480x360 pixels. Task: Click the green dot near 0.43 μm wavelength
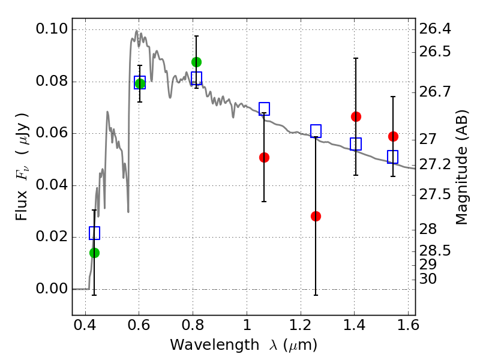coord(95,253)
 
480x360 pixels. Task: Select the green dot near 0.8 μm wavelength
coord(197,62)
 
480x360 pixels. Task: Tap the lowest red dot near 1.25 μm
coord(316,217)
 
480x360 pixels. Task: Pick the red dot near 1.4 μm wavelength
coord(356,116)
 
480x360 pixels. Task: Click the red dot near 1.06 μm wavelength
coord(264,158)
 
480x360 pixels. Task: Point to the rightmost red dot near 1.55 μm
coord(394,137)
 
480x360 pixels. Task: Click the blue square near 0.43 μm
coord(95,233)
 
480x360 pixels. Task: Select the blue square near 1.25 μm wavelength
coord(316,131)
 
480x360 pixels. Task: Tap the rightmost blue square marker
coord(393,157)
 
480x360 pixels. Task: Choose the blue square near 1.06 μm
coord(264,109)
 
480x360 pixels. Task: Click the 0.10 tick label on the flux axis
coord(52,29)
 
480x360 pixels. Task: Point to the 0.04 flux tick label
coord(52,185)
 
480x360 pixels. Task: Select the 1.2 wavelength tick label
coord(301,325)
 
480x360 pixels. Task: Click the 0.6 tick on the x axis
coord(139,325)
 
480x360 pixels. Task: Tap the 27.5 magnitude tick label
coord(434,194)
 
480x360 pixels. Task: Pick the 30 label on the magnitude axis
coord(428,279)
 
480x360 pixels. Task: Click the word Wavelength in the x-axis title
coord(215,345)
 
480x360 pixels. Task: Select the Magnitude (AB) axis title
coord(462,167)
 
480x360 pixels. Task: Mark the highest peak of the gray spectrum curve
coord(137,31)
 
